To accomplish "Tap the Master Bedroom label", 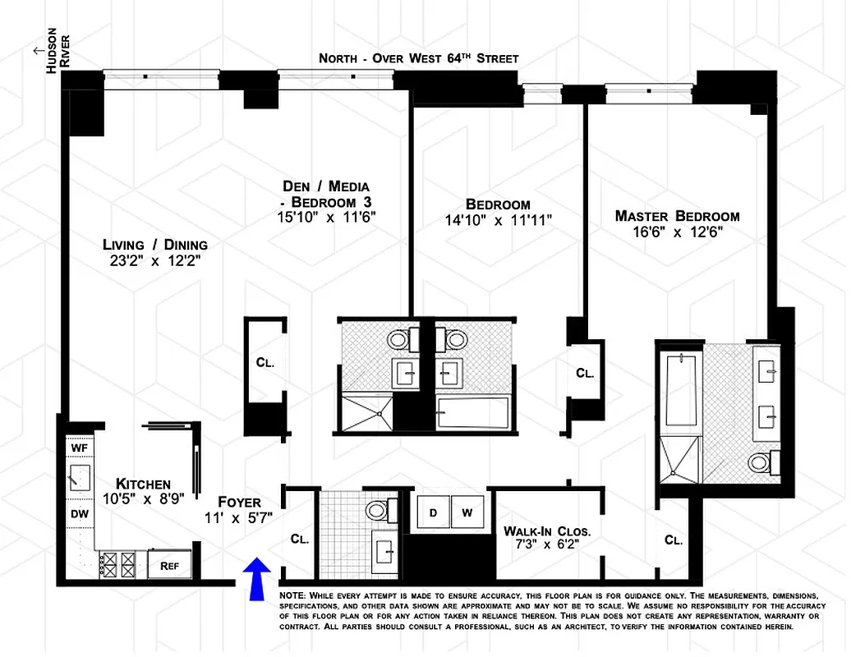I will click(x=677, y=216).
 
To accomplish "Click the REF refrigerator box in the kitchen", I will click(x=170, y=564).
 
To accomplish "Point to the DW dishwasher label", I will click(x=80, y=514).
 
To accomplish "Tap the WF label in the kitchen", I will click(x=80, y=448).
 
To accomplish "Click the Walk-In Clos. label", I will click(x=547, y=531).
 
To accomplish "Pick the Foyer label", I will click(x=239, y=502).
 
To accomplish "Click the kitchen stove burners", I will click(x=117, y=564).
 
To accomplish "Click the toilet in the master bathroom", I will click(x=761, y=462).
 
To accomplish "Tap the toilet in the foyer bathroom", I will click(x=379, y=509).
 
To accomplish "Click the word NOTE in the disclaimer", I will click(x=292, y=595).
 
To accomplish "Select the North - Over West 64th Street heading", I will click(x=419, y=58).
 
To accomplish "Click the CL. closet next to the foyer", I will click(x=300, y=540).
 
